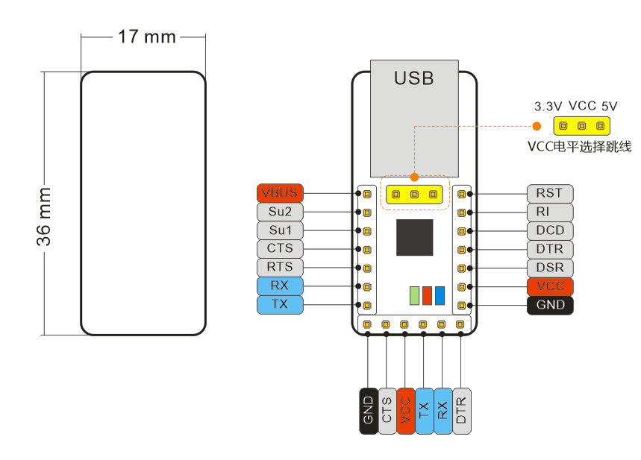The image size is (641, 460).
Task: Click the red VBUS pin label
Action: pyautogui.click(x=280, y=193)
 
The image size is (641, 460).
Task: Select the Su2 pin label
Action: pyautogui.click(x=280, y=212)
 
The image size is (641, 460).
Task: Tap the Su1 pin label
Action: pyautogui.click(x=280, y=230)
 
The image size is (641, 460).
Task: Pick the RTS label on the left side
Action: pyautogui.click(x=280, y=267)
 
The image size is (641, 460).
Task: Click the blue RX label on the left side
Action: pyautogui.click(x=280, y=286)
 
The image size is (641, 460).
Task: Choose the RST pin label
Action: pyautogui.click(x=550, y=193)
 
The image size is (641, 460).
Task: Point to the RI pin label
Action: pyautogui.click(x=550, y=212)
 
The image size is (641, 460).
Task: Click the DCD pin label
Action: pyautogui.click(x=550, y=230)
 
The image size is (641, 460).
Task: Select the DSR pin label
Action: pyautogui.click(x=550, y=268)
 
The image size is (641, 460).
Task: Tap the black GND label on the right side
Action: pyautogui.click(x=550, y=305)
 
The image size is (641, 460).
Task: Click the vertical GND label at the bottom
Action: pyautogui.click(x=368, y=411)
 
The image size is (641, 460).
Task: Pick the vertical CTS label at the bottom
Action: pyautogui.click(x=387, y=411)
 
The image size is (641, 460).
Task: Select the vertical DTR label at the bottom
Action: pyautogui.click(x=462, y=411)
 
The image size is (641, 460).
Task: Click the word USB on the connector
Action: pyautogui.click(x=414, y=78)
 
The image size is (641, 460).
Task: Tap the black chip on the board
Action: pyautogui.click(x=414, y=238)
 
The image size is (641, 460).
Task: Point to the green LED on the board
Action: pyautogui.click(x=415, y=295)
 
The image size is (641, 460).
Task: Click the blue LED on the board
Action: pyautogui.click(x=440, y=295)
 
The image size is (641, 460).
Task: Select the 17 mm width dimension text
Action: pyautogui.click(x=147, y=37)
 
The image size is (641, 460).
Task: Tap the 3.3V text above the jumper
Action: pyautogui.click(x=548, y=107)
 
